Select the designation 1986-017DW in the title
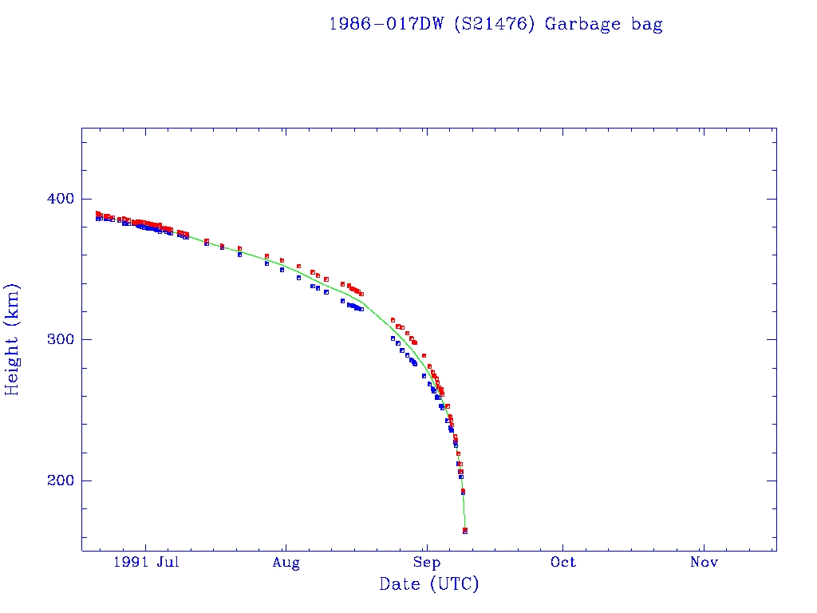point(387,24)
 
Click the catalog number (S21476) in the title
point(495,24)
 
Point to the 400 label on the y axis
point(57,199)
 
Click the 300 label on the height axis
point(57,339)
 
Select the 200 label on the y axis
point(57,481)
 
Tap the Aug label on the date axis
point(286,563)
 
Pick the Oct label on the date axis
point(563,563)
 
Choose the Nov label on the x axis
point(704,563)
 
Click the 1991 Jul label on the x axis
point(144,563)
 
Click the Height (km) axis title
point(13,339)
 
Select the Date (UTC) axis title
point(429,585)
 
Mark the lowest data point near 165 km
point(465,531)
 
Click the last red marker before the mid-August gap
point(361,294)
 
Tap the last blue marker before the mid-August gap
point(361,309)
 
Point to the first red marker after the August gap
point(393,320)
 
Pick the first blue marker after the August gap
point(393,338)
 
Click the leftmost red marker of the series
point(97,213)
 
